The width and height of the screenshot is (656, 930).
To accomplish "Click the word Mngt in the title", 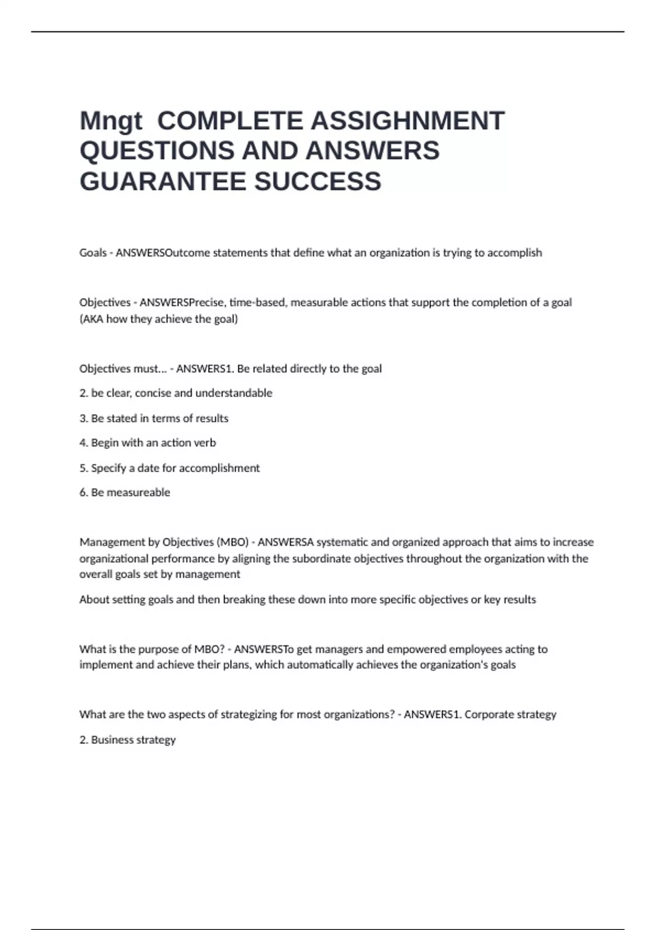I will click(x=111, y=121).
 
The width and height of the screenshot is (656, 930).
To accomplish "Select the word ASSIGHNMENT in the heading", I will click(x=408, y=121).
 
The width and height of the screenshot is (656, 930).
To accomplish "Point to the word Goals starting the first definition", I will click(x=93, y=253).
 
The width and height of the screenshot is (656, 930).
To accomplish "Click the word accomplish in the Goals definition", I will click(x=514, y=253).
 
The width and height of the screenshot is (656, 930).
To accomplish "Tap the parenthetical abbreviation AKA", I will click(x=92, y=319).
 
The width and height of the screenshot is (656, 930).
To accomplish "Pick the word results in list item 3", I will click(x=212, y=418).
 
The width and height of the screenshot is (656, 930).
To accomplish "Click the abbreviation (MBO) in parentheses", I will click(x=233, y=542).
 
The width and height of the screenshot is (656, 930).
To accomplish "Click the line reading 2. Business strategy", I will click(x=127, y=740).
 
